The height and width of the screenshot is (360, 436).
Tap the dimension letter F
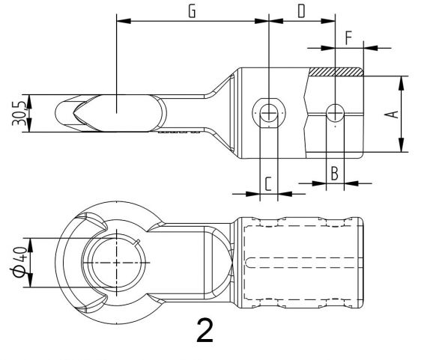pos(348,36)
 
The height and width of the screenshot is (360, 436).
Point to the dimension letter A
pos(389,114)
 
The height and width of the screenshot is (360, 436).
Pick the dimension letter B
pos(335,172)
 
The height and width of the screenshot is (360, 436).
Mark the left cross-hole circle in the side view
pos(267,111)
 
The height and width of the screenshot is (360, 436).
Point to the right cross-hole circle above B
pos(335,113)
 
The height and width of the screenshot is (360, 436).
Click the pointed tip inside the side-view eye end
pos(76,114)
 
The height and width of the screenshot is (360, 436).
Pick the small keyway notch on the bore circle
pos(140,241)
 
